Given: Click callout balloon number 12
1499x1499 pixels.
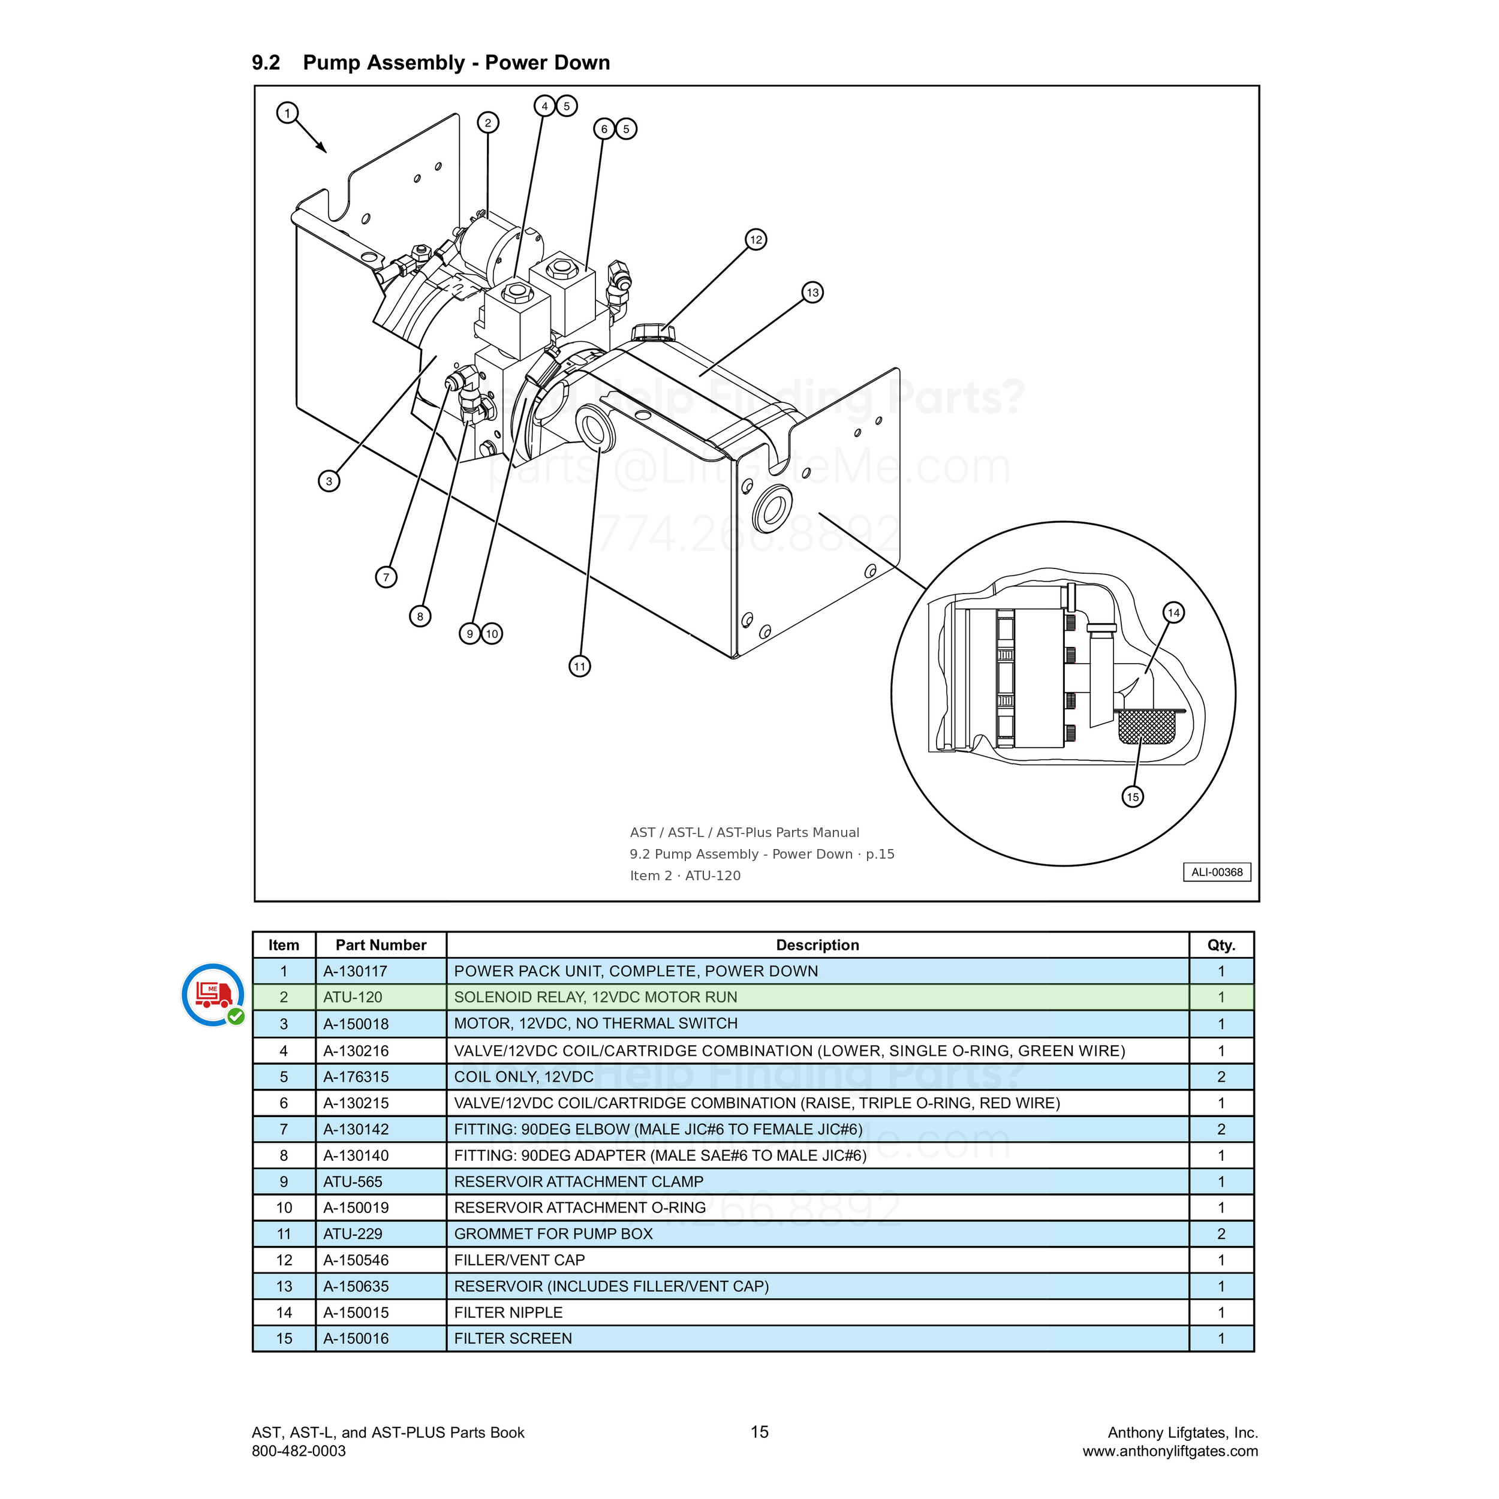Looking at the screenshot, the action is pos(755,240).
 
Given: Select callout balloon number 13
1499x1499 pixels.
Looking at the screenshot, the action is pos(812,293).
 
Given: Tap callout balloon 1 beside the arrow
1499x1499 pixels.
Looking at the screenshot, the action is pos(287,113).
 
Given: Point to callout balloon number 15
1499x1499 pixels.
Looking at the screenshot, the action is pos(1133,796).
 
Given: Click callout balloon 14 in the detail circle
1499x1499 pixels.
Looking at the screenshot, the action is pos(1174,613).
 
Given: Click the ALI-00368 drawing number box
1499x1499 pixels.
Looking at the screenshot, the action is pos(1217,872).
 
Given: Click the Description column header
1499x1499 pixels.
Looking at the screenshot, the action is pos(818,945).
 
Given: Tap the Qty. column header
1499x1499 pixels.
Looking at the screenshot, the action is pos(1221,945).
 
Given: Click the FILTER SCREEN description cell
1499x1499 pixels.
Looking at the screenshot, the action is pos(513,1338).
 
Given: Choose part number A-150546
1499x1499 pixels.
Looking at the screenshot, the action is pos(356,1260).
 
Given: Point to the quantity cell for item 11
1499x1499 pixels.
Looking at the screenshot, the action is pos(1221,1233).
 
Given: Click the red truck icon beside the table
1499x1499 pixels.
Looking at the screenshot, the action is pos(213,995).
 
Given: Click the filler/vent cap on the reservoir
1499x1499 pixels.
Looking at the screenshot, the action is pos(654,333).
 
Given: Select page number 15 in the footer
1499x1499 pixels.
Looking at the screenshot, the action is pos(760,1431).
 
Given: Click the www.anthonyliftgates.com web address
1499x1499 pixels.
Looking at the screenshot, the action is pos(1170,1451).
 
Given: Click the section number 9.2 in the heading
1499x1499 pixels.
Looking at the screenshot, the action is pos(266,63).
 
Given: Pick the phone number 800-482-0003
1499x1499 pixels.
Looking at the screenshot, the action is pos(299,1451).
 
